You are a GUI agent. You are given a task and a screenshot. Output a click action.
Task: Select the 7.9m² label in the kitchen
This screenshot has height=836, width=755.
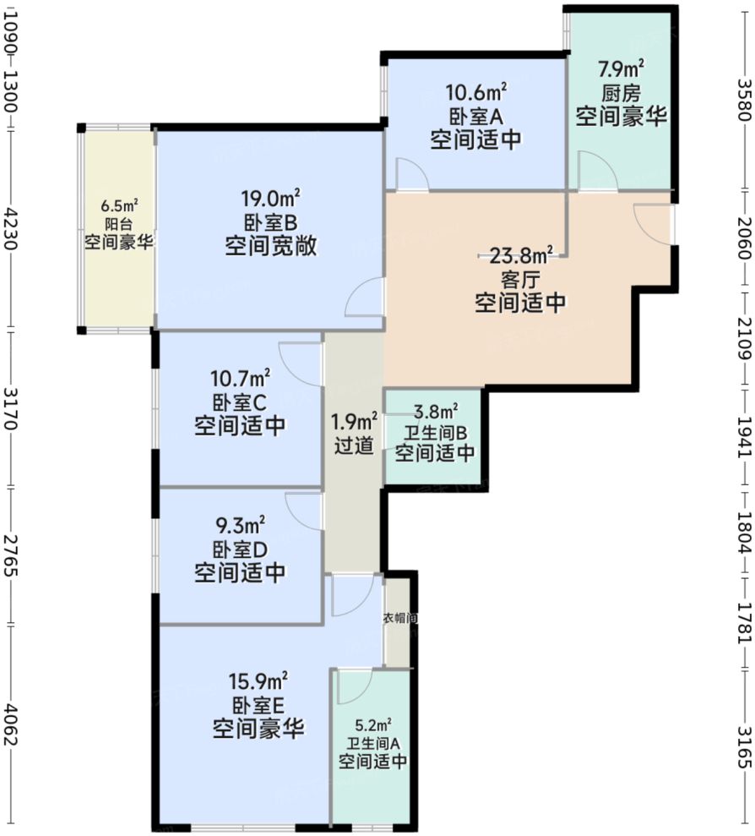coord(622,68)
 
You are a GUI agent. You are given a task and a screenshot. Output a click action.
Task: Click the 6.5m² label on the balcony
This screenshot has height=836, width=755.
coord(118,205)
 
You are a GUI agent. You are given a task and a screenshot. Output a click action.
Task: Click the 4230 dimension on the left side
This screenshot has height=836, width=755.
coord(11,225)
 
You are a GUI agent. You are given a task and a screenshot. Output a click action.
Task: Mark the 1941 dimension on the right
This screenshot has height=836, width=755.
coord(743,436)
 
